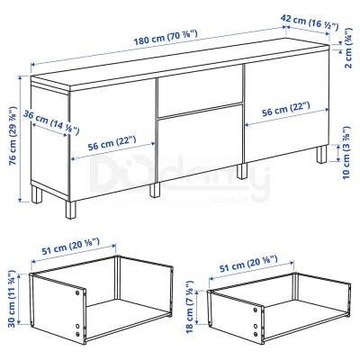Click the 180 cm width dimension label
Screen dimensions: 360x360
click(x=166, y=37)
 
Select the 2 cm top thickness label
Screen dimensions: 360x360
click(x=348, y=48)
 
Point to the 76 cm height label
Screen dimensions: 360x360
click(x=13, y=136)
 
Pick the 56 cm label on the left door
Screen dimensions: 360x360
click(x=112, y=143)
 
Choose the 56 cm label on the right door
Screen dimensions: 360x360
click(x=285, y=109)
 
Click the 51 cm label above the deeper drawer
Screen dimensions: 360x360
click(x=70, y=246)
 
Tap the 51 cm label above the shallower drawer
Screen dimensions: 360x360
click(x=248, y=264)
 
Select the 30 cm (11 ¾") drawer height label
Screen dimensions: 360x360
click(x=11, y=299)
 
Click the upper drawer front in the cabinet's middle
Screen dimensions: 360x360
click(x=200, y=92)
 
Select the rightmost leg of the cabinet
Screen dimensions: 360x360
click(x=322, y=154)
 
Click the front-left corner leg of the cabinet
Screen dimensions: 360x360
click(x=71, y=210)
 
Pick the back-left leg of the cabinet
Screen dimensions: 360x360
click(x=37, y=194)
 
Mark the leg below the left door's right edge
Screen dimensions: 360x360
click(x=155, y=189)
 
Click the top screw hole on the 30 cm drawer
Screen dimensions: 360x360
click(x=77, y=292)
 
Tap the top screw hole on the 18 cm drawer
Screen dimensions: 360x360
click(x=256, y=310)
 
